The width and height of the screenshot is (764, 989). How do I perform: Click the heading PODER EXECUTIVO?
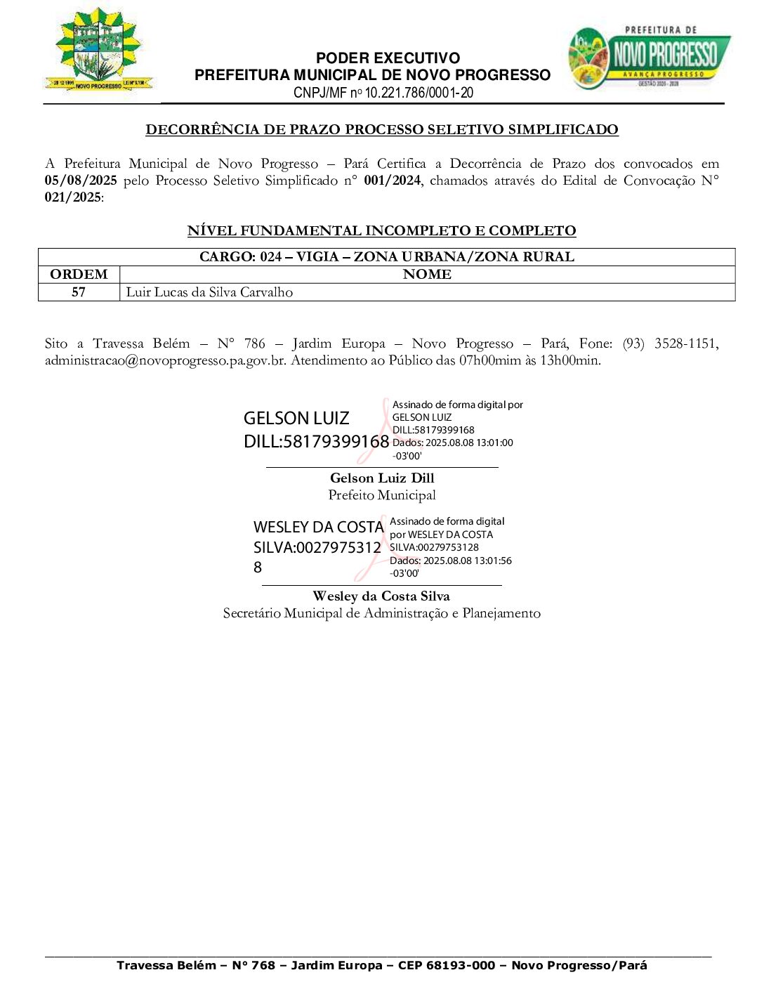tap(388, 58)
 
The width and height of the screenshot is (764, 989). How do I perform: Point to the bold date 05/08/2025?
tap(81, 181)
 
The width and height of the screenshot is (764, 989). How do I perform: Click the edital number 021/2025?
tap(73, 197)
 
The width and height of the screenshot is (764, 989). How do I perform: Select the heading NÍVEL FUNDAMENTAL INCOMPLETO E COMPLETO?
tap(381, 230)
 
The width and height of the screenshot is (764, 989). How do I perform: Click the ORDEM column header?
tap(79, 274)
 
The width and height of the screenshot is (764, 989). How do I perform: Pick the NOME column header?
tap(427, 274)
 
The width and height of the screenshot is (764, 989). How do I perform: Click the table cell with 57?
tap(79, 292)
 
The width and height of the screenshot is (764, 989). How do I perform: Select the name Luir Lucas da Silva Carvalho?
tap(209, 292)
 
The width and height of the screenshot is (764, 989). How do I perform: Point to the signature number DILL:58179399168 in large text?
tap(316, 441)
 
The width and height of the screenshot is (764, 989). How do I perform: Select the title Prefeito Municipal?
tap(382, 495)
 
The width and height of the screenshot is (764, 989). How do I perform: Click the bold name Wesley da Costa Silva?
tap(381, 596)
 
